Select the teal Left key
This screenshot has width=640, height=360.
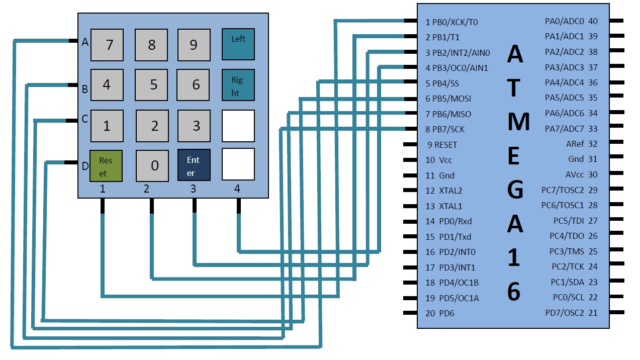click(x=238, y=44)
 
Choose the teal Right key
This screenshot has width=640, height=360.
click(x=238, y=85)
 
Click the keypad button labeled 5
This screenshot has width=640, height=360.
click(x=151, y=85)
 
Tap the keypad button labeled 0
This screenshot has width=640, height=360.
click(x=152, y=166)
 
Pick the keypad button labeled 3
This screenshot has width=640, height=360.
click(x=194, y=126)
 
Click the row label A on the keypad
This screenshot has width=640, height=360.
click(x=85, y=43)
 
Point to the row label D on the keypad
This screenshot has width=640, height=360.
click(x=85, y=165)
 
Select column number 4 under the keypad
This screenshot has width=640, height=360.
click(x=237, y=189)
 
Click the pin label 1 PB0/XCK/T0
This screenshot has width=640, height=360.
click(x=451, y=22)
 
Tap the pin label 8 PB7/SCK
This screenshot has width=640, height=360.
click(x=445, y=129)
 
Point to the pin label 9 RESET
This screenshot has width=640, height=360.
click(x=442, y=145)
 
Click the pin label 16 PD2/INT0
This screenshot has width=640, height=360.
click(x=450, y=252)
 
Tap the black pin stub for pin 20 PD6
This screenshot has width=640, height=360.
click(x=410, y=313)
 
